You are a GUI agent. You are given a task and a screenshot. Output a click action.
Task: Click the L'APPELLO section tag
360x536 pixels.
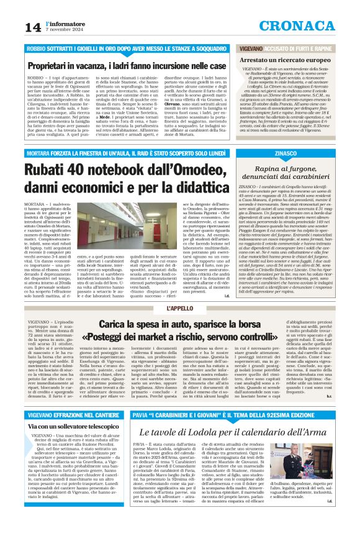(x=179, y=309)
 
